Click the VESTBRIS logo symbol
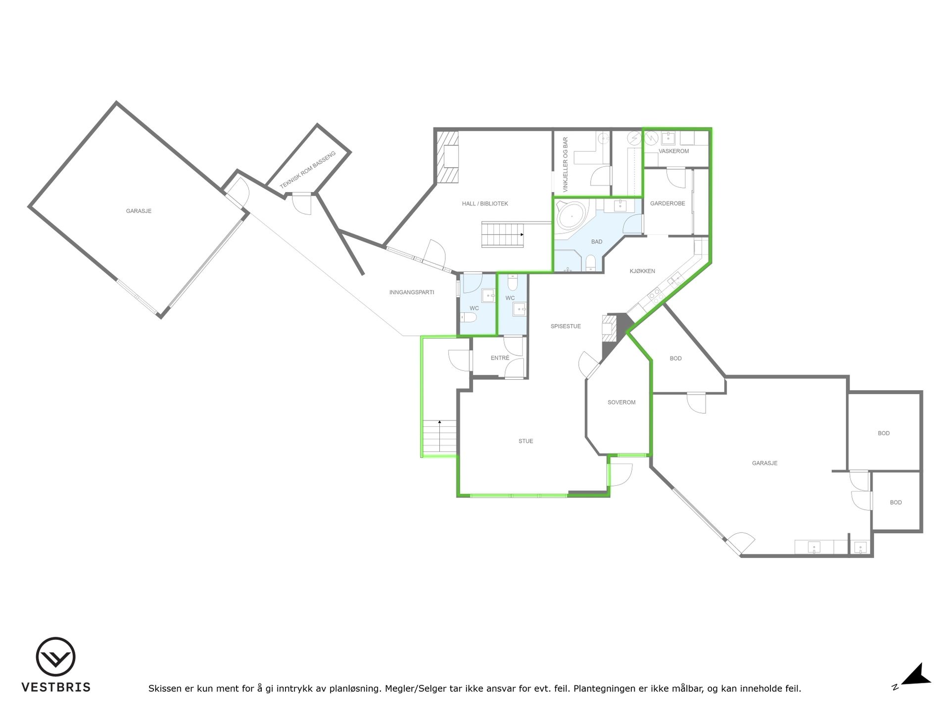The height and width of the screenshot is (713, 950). tap(55, 657)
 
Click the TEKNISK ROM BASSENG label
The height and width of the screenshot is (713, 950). tap(307, 170)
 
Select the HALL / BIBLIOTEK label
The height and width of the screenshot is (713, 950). tap(485, 204)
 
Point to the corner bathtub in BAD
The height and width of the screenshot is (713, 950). tap(571, 217)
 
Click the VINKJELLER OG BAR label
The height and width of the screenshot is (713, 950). tap(566, 165)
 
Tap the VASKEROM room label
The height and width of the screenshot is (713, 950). tap(673, 151)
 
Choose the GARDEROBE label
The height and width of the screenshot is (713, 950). tap(667, 204)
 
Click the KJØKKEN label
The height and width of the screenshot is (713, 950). tap(642, 271)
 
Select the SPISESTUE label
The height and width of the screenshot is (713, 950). tap(566, 326)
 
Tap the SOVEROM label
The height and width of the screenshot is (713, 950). tap(621, 403)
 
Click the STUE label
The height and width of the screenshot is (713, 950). tap(525, 441)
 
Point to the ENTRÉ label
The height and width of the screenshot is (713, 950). tap(500, 358)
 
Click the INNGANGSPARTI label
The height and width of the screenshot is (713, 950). tap(412, 292)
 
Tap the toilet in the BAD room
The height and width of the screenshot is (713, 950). tap(591, 263)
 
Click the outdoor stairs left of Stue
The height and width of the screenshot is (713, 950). tap(439, 437)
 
